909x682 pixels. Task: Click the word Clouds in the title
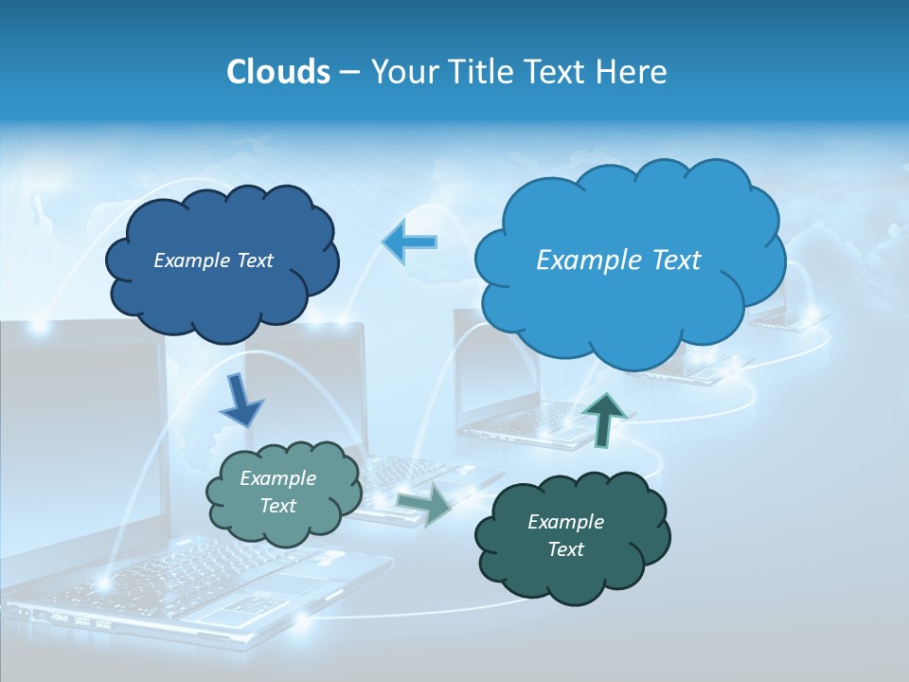(278, 72)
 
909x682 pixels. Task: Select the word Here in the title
(634, 72)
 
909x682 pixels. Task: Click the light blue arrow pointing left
(409, 242)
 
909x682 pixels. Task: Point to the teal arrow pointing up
(603, 420)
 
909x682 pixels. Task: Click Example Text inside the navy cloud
(213, 260)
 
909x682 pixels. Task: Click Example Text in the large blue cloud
(618, 260)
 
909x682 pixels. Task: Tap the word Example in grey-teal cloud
(277, 478)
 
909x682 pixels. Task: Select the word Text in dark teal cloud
(565, 549)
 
